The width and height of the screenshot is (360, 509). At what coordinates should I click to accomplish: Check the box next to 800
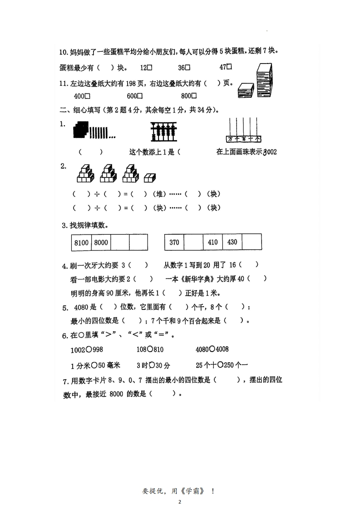pyautogui.click(x=194, y=96)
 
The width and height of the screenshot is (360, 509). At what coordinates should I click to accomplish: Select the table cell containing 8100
pyautogui.click(x=82, y=242)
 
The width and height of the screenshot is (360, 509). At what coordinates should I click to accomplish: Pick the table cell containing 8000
pyautogui.click(x=101, y=242)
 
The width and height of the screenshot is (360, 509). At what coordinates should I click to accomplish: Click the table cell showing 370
pyautogui.click(x=174, y=242)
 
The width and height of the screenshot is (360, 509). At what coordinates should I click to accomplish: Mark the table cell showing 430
pyautogui.click(x=232, y=242)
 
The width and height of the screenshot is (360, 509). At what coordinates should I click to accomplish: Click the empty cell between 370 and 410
pyautogui.click(x=193, y=242)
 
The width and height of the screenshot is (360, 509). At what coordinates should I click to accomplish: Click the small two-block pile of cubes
pyautogui.click(x=150, y=177)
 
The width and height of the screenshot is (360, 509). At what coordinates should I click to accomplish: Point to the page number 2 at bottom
pyautogui.click(x=179, y=502)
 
